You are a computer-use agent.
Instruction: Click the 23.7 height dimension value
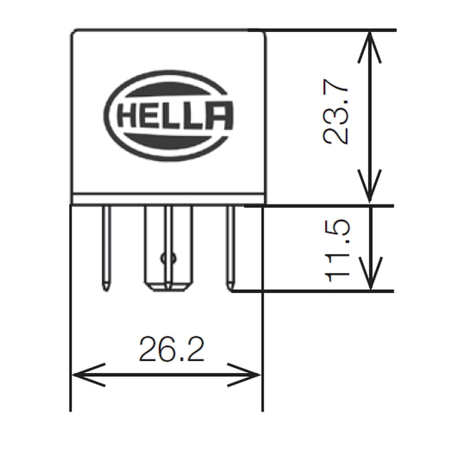click(x=336, y=114)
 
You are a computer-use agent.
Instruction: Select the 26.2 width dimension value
click(x=171, y=350)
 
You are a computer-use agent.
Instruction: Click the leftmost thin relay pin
click(x=106, y=248)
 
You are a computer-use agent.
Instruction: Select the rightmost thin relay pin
click(x=231, y=248)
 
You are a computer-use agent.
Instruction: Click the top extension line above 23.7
click(x=328, y=30)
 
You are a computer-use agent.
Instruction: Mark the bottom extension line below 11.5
click(x=323, y=291)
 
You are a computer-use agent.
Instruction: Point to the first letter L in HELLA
click(x=172, y=115)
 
